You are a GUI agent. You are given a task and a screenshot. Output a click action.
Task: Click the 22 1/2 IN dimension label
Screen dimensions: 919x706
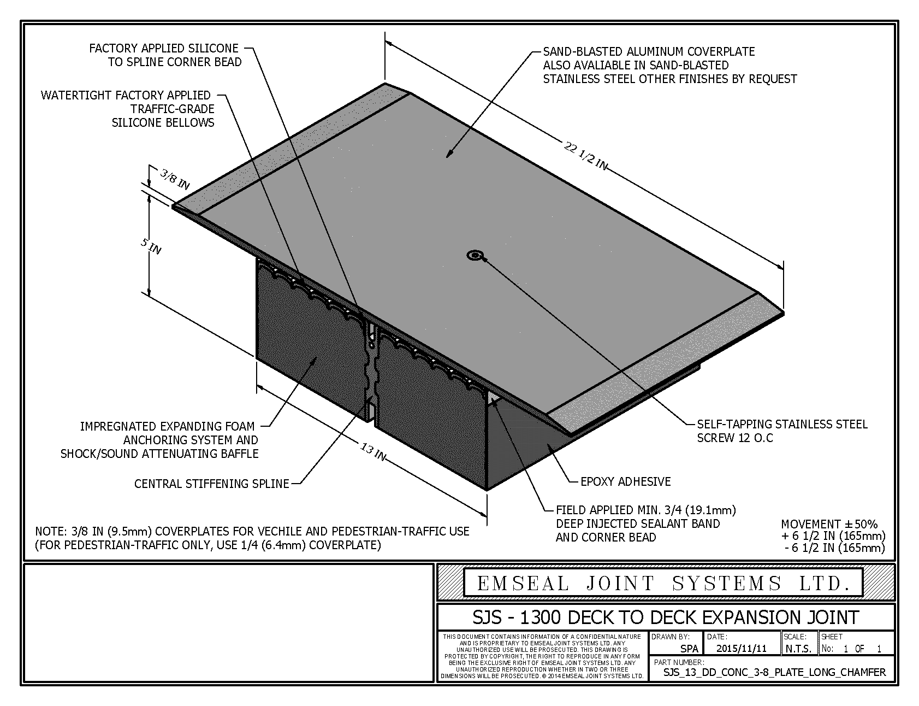tap(585, 156)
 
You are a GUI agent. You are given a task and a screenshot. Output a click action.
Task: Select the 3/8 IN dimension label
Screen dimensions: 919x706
tap(175, 179)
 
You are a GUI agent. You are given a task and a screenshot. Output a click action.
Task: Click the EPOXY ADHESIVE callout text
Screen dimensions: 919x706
tap(625, 481)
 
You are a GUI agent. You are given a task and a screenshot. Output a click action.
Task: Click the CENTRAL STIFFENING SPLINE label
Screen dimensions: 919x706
tap(212, 484)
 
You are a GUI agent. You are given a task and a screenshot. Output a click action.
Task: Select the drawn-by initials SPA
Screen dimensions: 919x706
tap(689, 649)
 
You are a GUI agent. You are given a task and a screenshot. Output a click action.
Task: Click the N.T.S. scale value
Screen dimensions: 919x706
tap(798, 649)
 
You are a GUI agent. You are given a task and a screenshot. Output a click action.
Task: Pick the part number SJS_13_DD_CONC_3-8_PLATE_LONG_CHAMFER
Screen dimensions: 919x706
tap(774, 672)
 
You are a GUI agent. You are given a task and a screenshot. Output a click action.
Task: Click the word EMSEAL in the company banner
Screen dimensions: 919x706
tap(523, 584)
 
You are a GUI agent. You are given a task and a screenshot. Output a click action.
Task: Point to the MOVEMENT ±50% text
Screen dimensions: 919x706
tap(829, 524)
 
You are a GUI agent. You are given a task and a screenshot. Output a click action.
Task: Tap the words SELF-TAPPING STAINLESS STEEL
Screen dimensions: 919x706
tap(782, 424)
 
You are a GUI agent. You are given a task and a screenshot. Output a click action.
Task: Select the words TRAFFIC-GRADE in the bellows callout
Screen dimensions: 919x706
tap(172, 109)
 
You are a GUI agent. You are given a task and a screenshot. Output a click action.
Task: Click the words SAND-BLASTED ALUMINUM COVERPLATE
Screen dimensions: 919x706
tap(649, 51)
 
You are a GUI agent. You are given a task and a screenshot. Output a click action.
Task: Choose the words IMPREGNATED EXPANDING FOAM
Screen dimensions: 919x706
tap(167, 426)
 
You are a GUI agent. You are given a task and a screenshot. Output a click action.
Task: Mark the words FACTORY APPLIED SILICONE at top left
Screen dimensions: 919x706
tap(164, 49)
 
